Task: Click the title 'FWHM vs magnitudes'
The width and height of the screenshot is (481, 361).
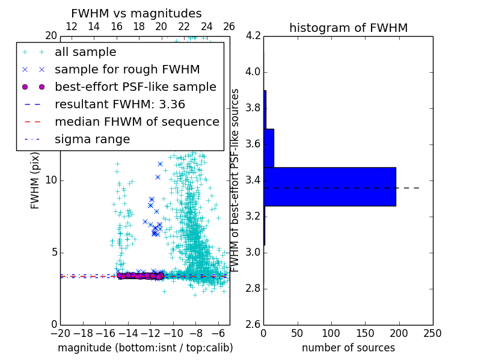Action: click(136, 13)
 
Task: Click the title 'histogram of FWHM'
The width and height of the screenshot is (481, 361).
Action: click(348, 28)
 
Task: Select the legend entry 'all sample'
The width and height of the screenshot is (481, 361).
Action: click(85, 52)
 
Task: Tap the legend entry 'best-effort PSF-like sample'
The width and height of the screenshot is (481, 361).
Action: click(135, 87)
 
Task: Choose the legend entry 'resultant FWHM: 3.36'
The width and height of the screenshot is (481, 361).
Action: click(120, 104)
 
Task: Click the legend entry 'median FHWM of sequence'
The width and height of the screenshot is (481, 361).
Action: click(136, 122)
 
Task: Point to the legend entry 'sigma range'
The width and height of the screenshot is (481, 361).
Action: click(92, 139)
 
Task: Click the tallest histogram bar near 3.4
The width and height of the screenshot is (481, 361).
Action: click(329, 187)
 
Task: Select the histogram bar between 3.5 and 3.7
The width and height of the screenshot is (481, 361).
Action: click(269, 148)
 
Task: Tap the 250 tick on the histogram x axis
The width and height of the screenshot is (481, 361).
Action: click(432, 333)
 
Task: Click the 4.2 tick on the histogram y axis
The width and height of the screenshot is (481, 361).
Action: click(253, 35)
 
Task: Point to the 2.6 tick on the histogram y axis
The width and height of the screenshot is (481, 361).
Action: click(253, 324)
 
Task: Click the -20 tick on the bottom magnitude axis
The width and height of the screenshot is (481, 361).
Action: click(60, 333)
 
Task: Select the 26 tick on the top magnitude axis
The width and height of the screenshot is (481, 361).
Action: click(229, 26)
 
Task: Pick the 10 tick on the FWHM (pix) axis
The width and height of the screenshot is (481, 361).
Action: click(51, 180)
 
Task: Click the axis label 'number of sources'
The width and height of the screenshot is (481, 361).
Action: click(348, 348)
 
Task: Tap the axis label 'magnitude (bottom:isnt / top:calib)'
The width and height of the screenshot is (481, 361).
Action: click(145, 348)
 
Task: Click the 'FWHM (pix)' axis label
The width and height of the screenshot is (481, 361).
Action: click(35, 180)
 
